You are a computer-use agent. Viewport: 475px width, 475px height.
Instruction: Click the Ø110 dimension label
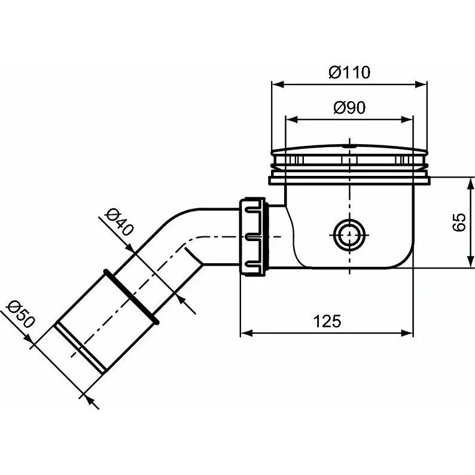(349, 72)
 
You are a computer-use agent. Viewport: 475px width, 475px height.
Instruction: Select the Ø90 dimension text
(349, 108)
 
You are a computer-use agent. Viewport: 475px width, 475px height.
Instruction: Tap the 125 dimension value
(327, 321)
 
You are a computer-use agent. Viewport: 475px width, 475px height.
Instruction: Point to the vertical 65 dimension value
(459, 223)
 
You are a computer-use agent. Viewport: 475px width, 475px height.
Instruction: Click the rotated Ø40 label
(118, 223)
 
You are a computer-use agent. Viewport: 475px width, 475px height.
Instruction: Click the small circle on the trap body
(349, 235)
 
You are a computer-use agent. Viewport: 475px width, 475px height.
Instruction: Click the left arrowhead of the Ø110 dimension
(277, 84)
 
